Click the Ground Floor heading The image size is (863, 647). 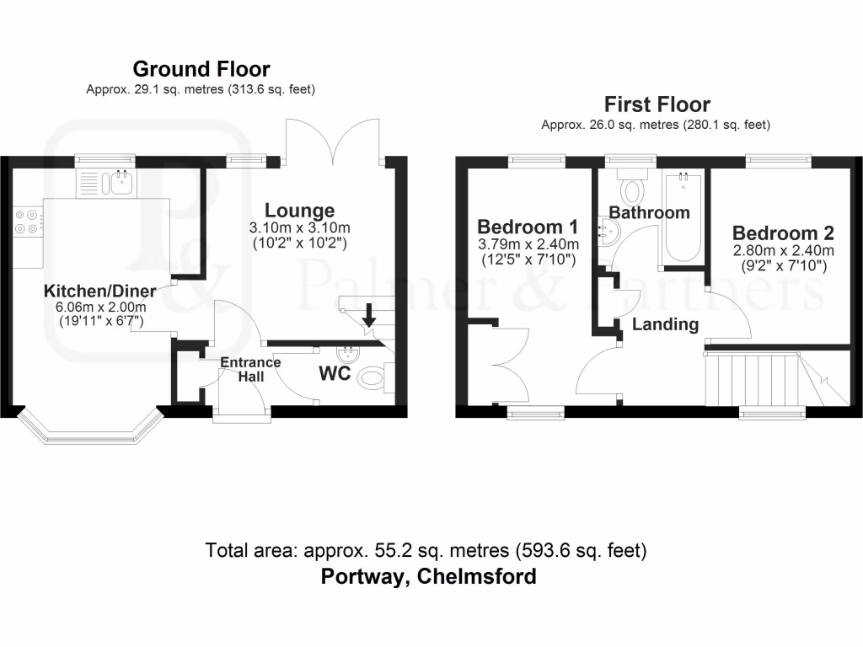point(201,69)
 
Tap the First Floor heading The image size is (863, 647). point(657,104)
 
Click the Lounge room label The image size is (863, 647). point(299,210)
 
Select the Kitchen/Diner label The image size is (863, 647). point(99,291)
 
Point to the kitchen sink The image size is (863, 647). point(121,182)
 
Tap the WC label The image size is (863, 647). point(335,373)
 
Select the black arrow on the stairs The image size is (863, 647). point(369,315)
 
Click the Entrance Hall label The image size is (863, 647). point(251,369)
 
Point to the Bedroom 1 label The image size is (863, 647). point(528,227)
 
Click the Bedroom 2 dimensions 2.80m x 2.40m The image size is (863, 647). point(783,251)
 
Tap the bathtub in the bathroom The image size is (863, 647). point(683,218)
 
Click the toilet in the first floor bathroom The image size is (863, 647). point(632,187)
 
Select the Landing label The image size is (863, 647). point(666,324)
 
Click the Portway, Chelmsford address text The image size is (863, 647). point(428,576)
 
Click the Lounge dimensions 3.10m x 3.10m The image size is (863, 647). point(299,227)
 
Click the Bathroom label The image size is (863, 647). point(650,212)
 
